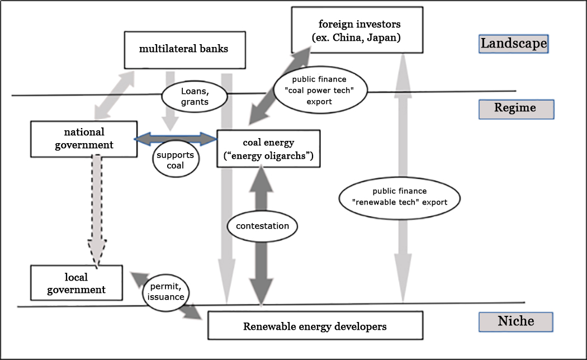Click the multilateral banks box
pyautogui.click(x=183, y=49)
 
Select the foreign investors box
pyautogui.click(x=357, y=31)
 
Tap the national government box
pyautogui.click(x=84, y=139)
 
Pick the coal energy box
pyautogui.click(x=268, y=148)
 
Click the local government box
pyautogui.click(x=76, y=283)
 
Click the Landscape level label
pyautogui.click(x=513, y=44)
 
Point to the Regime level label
pyautogui.click(x=515, y=108)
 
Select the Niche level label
pyautogui.click(x=515, y=321)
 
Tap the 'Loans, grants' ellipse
pyautogui.click(x=195, y=96)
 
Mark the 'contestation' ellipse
pyautogui.click(x=262, y=226)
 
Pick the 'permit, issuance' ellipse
pyautogui.click(x=166, y=291)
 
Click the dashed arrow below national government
pyautogui.click(x=97, y=207)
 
